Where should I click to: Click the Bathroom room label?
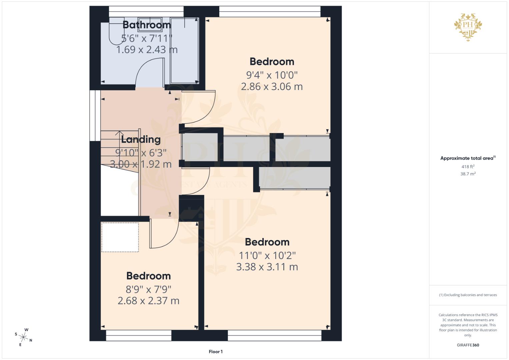click(x=147, y=25)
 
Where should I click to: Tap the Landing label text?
click(x=141, y=140)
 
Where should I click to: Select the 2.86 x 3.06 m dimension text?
click(x=272, y=87)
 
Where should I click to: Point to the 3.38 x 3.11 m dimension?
click(x=267, y=267)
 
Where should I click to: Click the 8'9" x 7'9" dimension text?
click(x=148, y=289)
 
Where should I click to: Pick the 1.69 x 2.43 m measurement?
click(x=147, y=50)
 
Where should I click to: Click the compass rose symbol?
click(x=23, y=337)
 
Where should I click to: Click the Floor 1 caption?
click(x=216, y=352)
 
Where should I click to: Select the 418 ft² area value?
click(x=468, y=166)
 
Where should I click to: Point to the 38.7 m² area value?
click(x=468, y=174)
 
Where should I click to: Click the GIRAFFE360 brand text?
click(x=468, y=345)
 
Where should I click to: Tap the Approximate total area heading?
click(x=468, y=158)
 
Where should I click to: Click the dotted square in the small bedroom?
click(x=120, y=237)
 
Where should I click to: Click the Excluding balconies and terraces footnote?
click(x=468, y=295)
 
